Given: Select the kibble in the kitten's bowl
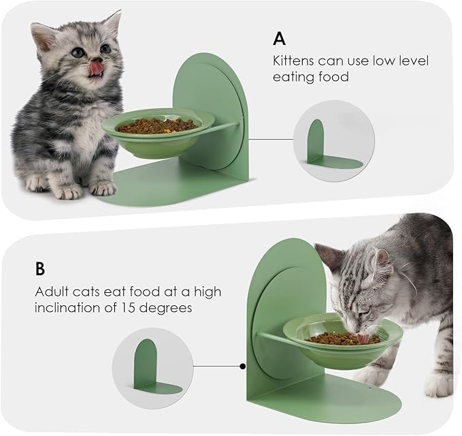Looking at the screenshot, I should pyautogui.click(x=157, y=125).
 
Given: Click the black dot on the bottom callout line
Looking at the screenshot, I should pyautogui.click(x=243, y=366).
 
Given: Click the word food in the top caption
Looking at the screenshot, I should pyautogui.click(x=332, y=77).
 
